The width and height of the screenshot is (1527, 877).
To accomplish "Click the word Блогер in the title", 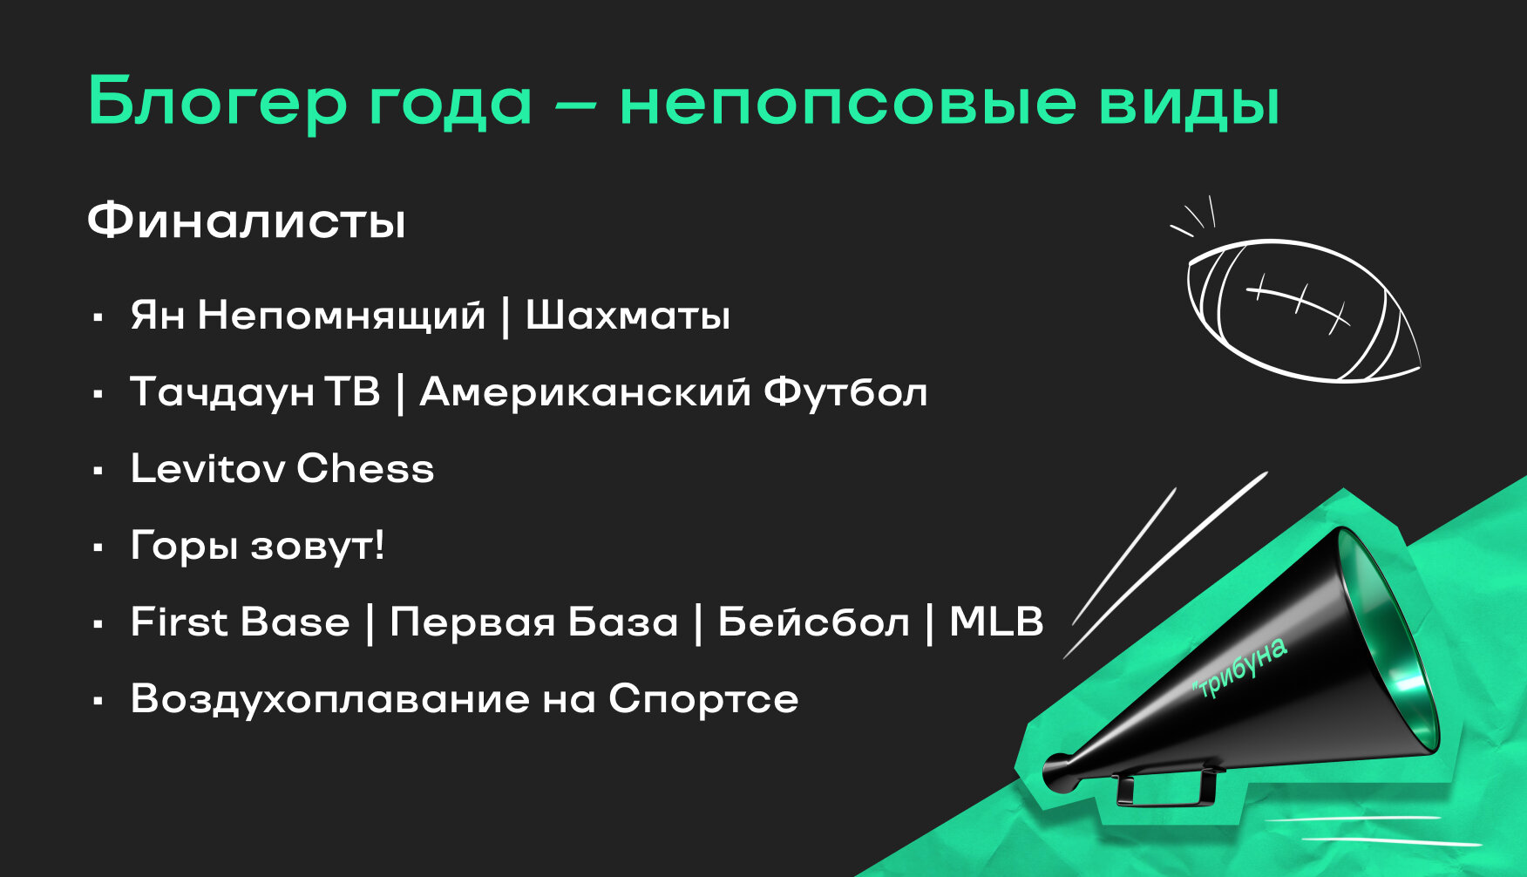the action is tap(218, 103).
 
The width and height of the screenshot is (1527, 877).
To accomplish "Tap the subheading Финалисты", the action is tap(247, 221).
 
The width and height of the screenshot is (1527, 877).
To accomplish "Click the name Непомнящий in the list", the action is tap(341, 315).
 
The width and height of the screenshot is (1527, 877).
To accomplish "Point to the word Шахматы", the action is tap(628, 315).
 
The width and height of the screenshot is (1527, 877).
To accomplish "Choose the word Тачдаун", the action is tap(222, 392).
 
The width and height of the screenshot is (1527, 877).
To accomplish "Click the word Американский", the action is tap(585, 391).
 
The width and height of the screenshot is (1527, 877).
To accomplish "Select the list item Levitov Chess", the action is tap(282, 468).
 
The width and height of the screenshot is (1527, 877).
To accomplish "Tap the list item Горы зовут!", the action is tap(257, 546).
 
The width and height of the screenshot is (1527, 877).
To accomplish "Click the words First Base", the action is tap(240, 622).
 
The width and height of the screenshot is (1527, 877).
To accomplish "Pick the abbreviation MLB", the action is tap(996, 622).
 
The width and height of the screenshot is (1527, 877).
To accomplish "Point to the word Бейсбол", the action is tap(813, 622).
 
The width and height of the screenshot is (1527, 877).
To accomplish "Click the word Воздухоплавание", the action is tap(330, 699).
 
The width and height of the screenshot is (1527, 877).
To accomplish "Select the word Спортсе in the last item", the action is tap(703, 699).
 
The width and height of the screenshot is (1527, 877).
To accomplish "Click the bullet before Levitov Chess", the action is tap(98, 471).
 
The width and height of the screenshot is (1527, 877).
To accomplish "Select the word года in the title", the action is tap(449, 107).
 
